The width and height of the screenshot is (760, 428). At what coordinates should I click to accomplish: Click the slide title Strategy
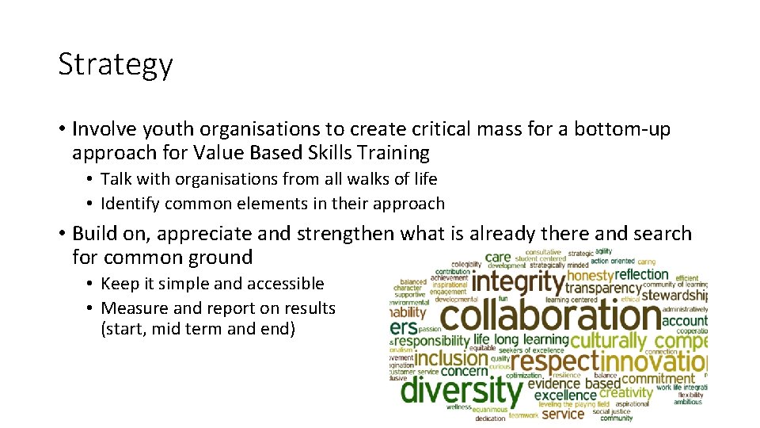(115, 65)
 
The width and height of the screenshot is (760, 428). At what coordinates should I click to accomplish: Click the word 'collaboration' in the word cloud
(550, 316)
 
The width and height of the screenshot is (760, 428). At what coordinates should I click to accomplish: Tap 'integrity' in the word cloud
(519, 282)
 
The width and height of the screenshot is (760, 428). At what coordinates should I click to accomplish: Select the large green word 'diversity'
(462, 390)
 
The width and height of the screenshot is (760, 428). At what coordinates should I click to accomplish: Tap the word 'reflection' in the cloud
(642, 274)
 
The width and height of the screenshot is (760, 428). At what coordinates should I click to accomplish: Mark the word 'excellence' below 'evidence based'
(565, 395)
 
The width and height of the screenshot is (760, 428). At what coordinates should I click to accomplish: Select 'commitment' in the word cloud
(659, 378)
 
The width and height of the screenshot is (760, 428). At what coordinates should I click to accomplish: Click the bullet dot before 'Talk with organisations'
(91, 180)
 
